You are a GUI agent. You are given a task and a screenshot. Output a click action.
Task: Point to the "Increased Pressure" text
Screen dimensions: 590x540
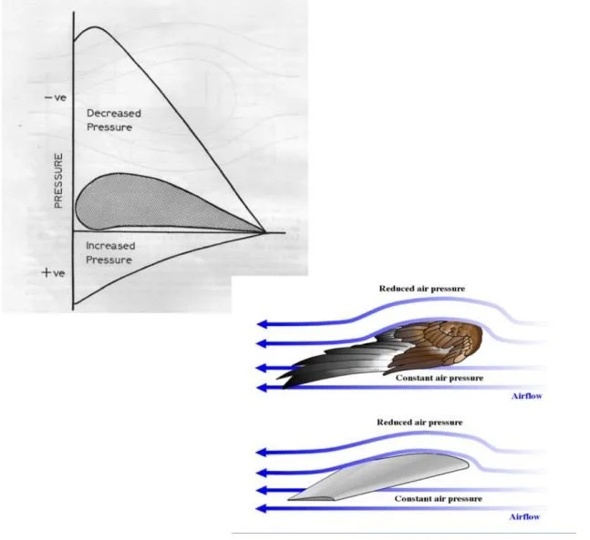click(x=109, y=253)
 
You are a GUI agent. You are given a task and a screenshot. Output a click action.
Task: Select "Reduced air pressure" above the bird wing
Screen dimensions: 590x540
click(x=422, y=289)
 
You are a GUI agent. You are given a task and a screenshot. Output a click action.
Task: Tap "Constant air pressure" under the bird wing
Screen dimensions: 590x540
click(x=439, y=376)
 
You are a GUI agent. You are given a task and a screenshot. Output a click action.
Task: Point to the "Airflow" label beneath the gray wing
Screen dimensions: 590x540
click(x=525, y=517)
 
